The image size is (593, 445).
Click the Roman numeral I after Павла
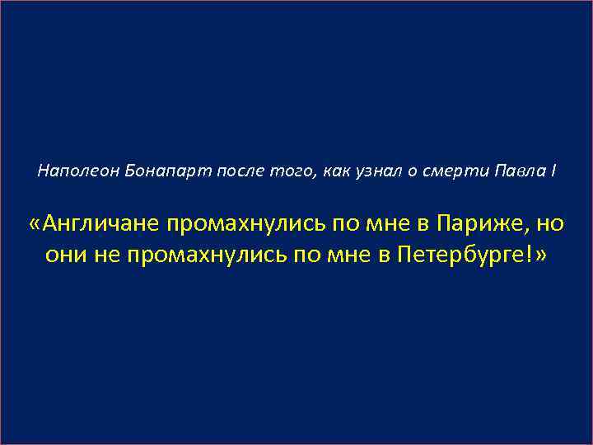point(553,171)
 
